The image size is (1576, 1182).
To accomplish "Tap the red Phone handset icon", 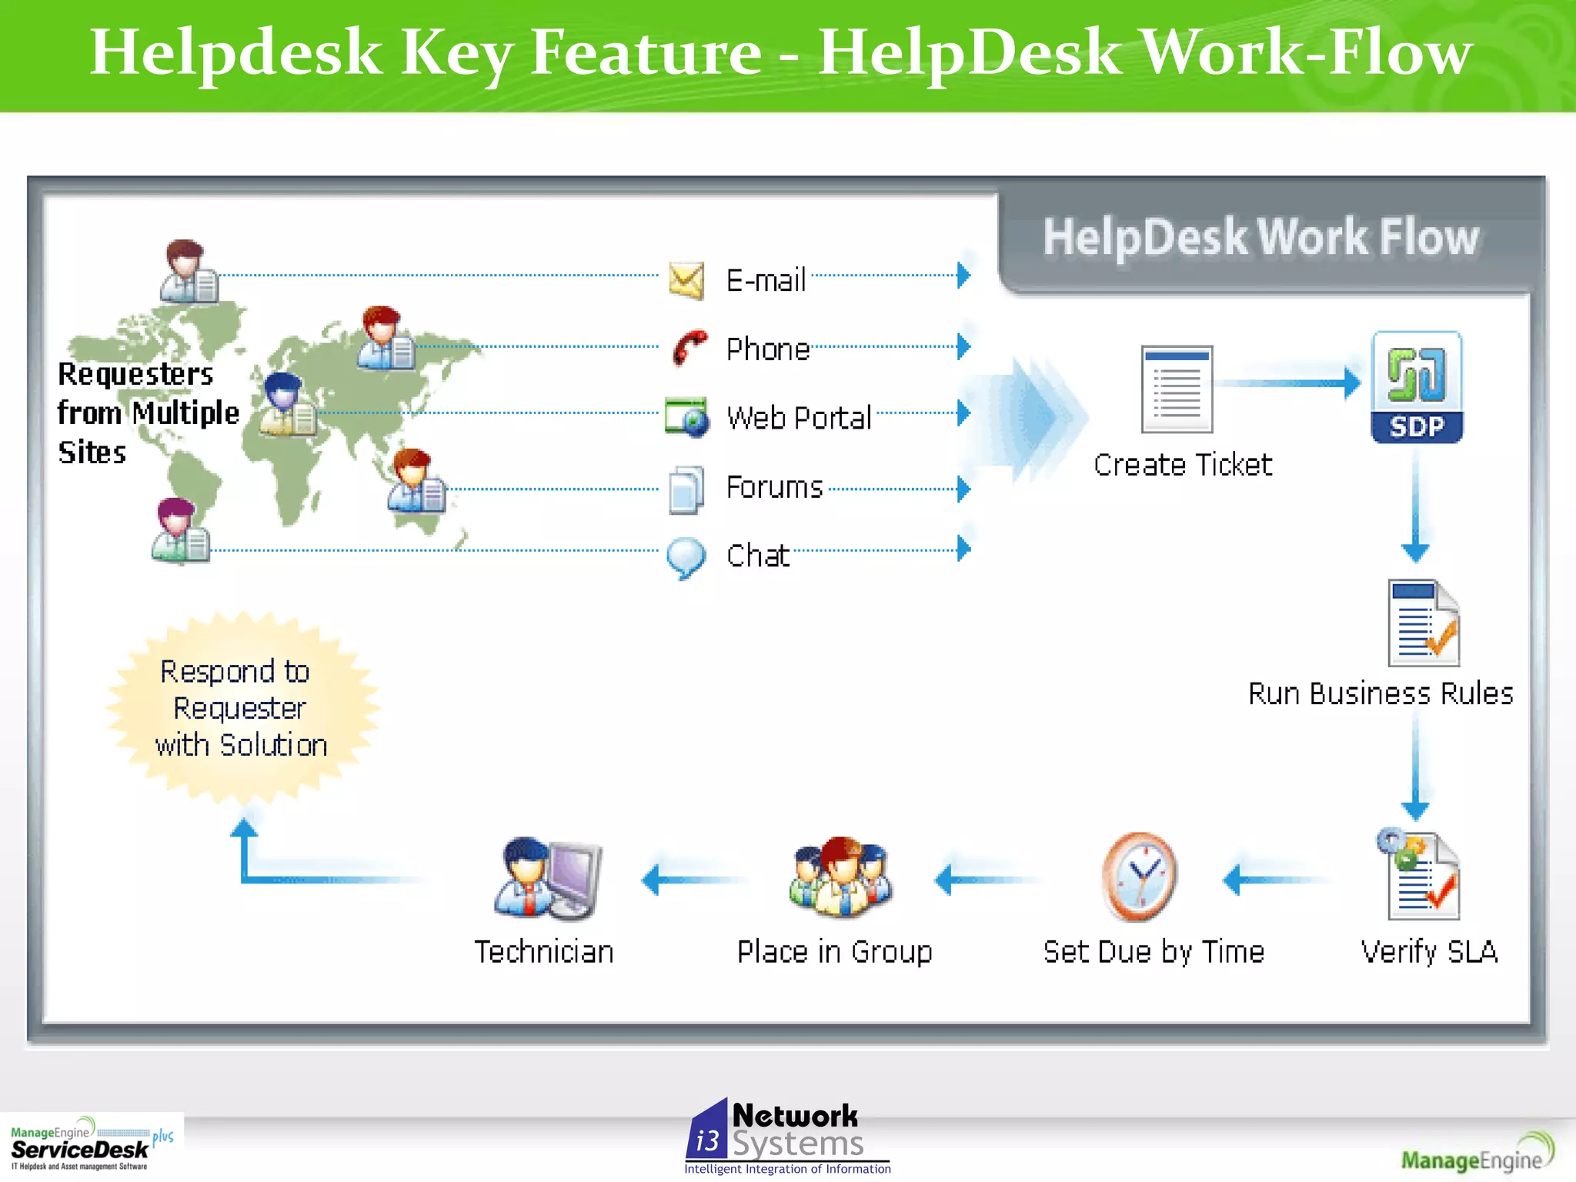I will pyautogui.click(x=689, y=348).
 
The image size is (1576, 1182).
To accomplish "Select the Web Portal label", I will pyautogui.click(x=799, y=418).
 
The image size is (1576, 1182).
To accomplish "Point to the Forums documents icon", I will pyautogui.click(x=686, y=489).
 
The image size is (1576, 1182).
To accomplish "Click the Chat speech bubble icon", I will pyautogui.click(x=685, y=557).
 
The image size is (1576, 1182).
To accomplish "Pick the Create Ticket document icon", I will pyautogui.click(x=1177, y=389).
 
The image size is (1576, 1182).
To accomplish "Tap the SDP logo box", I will pyautogui.click(x=1417, y=387).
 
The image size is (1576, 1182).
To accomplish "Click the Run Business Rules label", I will pyautogui.click(x=1381, y=693).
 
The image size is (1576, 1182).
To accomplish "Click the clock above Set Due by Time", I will pyautogui.click(x=1139, y=877).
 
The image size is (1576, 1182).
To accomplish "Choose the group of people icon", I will pyautogui.click(x=840, y=877).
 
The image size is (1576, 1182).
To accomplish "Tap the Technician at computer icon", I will pyautogui.click(x=548, y=879).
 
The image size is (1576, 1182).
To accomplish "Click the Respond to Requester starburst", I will pyautogui.click(x=242, y=708).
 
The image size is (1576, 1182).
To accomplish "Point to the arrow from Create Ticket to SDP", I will pyautogui.click(x=1290, y=382).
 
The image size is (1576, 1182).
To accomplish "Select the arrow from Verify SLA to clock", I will pyautogui.click(x=1274, y=880).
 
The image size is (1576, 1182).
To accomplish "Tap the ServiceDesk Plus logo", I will pyautogui.click(x=91, y=1145).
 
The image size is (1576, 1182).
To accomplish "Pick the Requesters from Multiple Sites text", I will pyautogui.click(x=147, y=413).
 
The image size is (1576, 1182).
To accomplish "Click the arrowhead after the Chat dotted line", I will pyautogui.click(x=963, y=549).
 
